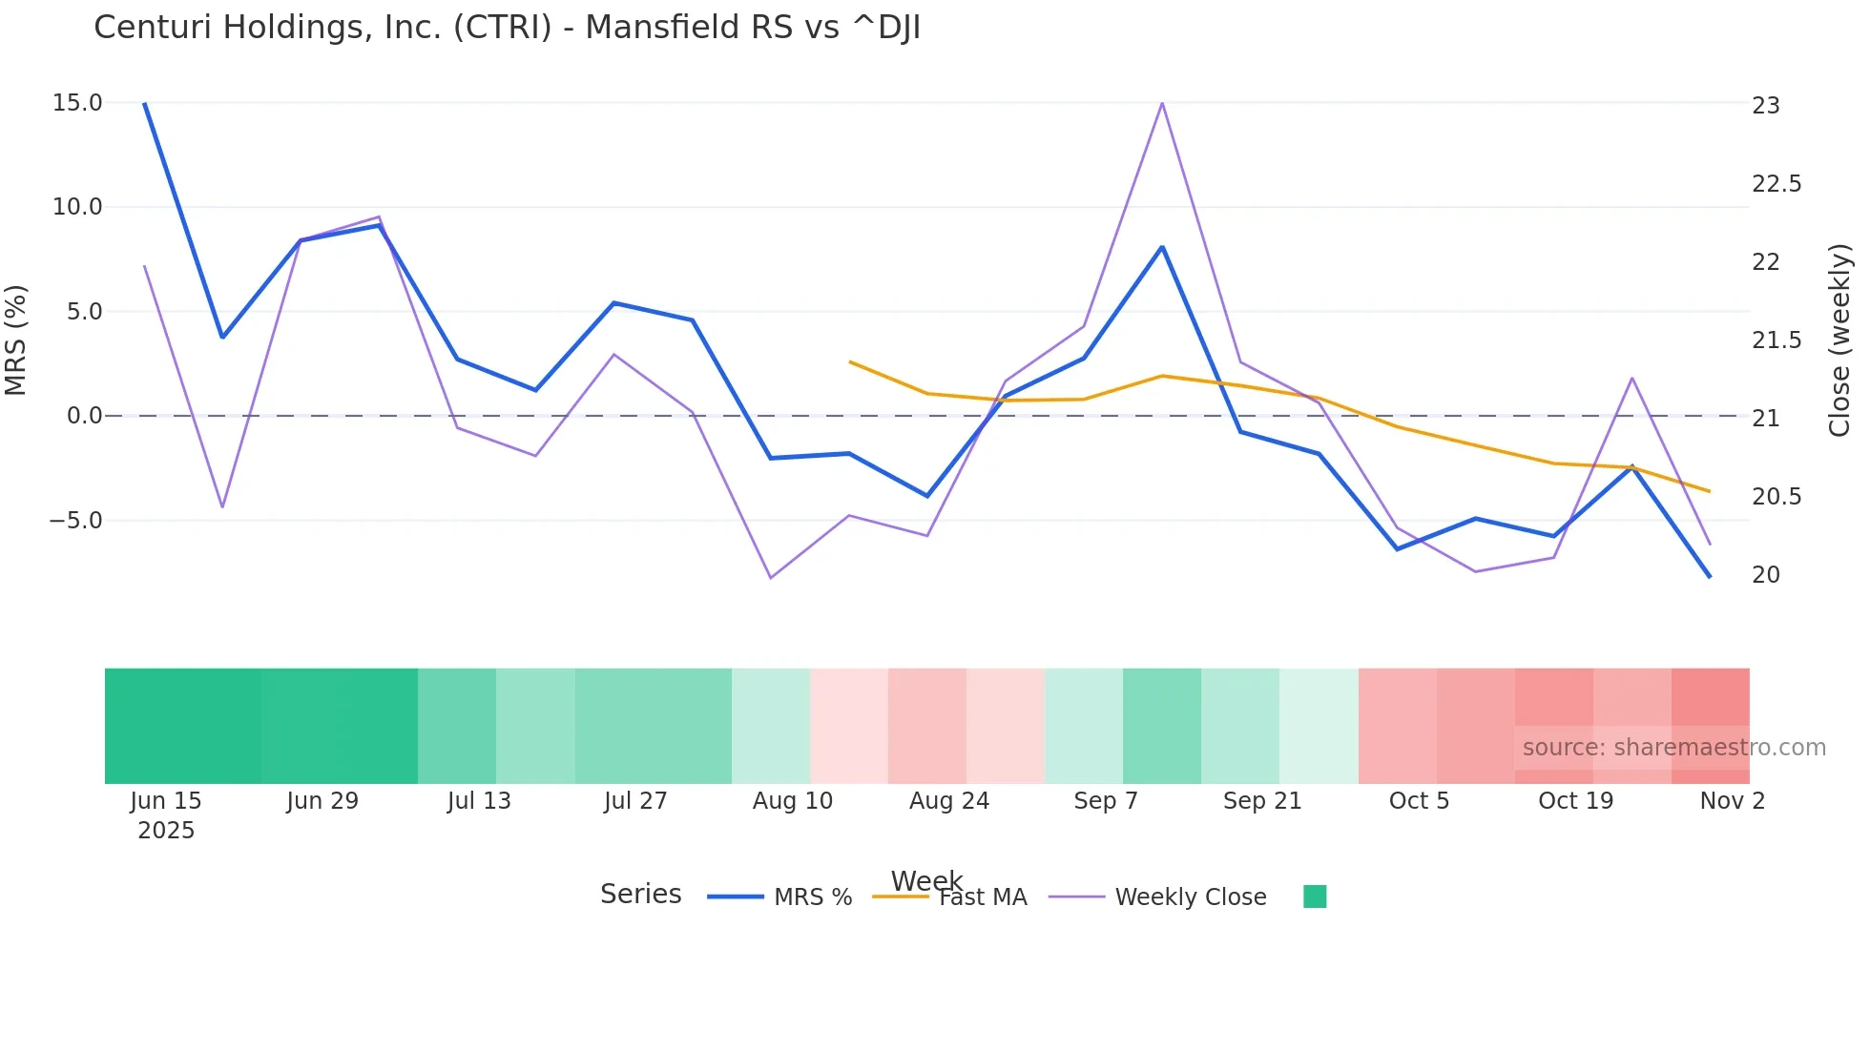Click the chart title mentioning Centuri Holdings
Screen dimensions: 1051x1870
(x=507, y=28)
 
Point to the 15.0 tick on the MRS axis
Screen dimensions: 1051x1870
(x=77, y=103)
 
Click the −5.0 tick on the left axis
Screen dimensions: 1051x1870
(x=75, y=521)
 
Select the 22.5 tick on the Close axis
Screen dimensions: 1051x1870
(x=1776, y=184)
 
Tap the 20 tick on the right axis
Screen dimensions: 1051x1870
(x=1766, y=575)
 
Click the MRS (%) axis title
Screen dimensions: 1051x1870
(x=16, y=340)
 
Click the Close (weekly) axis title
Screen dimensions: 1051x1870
(x=1839, y=340)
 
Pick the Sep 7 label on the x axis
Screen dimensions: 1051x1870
(x=1106, y=801)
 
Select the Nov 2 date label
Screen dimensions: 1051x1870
(x=1732, y=801)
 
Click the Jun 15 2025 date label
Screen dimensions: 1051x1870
(x=166, y=814)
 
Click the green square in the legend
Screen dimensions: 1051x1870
(x=1315, y=896)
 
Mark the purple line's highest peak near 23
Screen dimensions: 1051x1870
(x=1162, y=103)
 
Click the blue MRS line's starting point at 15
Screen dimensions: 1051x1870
(x=145, y=104)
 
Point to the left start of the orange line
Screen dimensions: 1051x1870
(x=850, y=362)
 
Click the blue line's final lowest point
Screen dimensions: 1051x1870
(x=1710, y=576)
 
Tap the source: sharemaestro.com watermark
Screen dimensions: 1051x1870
(x=1673, y=748)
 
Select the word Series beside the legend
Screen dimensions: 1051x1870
(x=640, y=895)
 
